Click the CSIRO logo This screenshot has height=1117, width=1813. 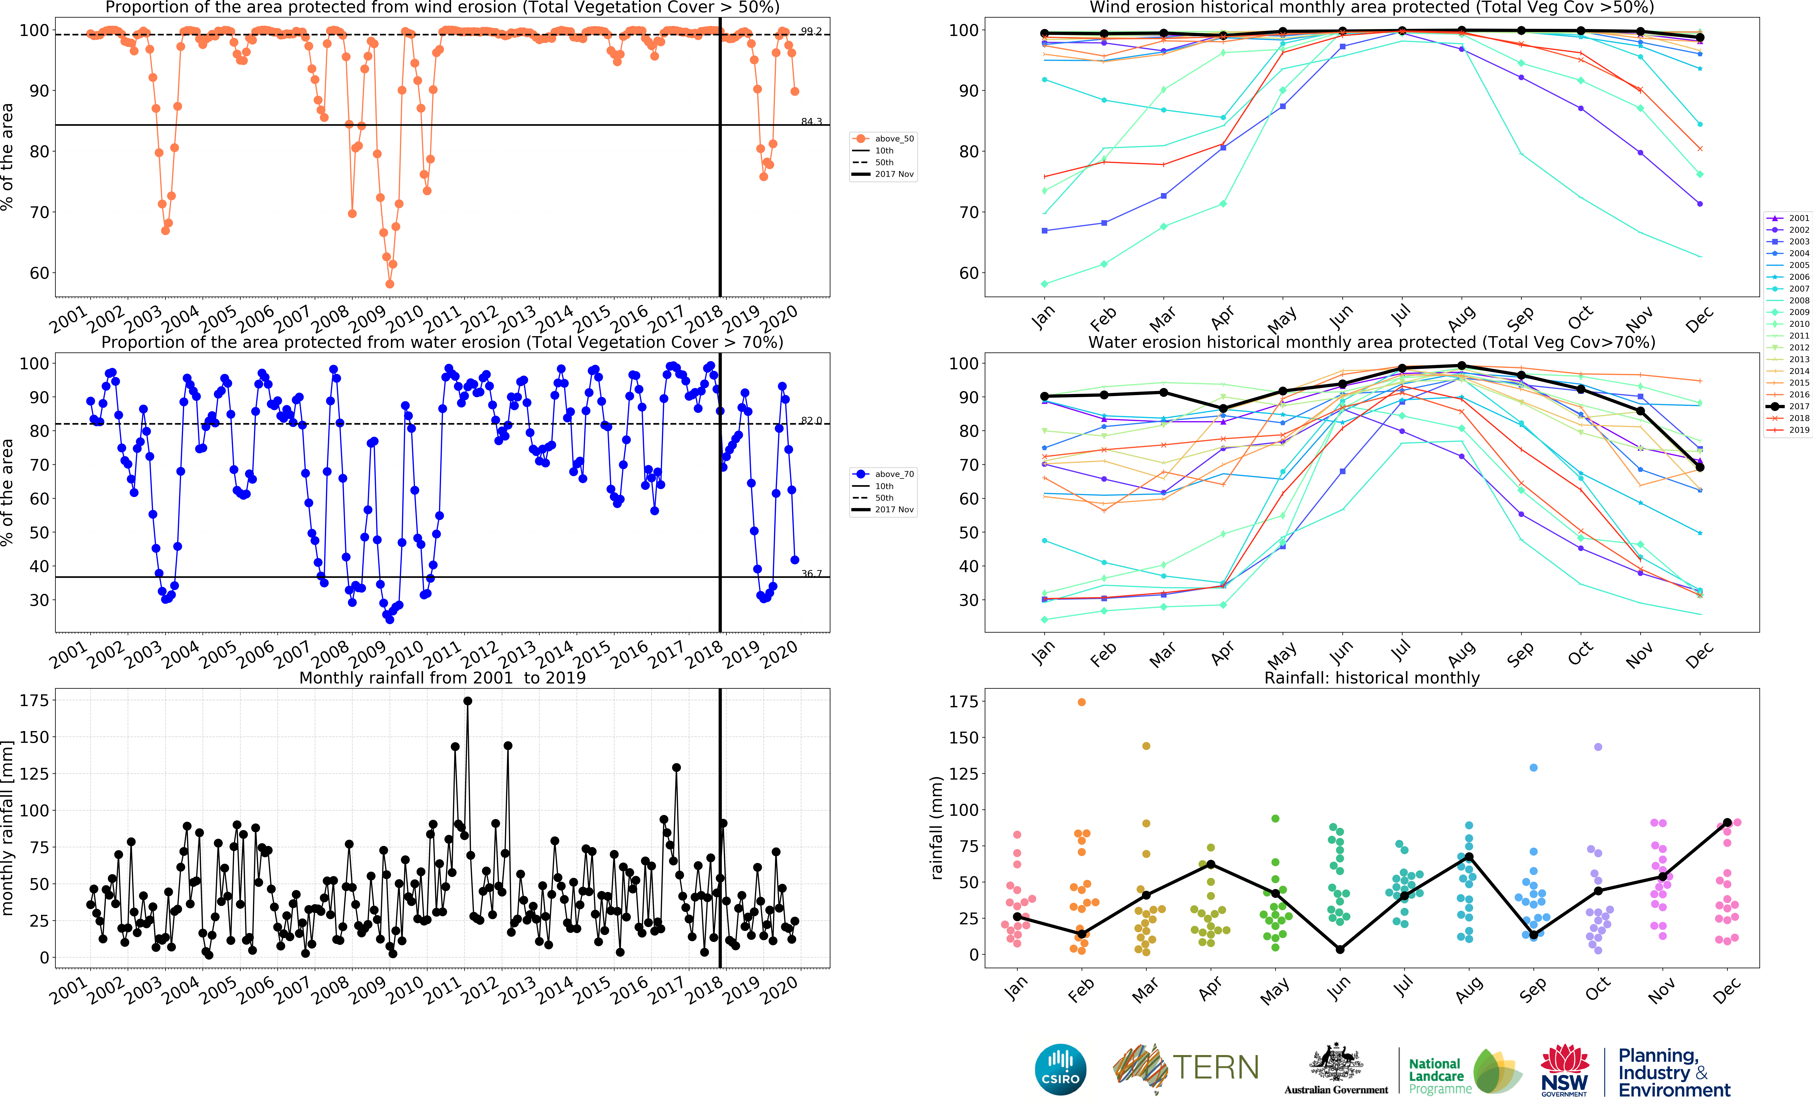1061,1069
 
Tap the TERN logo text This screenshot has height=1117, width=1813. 1216,1067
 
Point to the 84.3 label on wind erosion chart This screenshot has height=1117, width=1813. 811,121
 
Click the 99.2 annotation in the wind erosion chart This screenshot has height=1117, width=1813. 811,31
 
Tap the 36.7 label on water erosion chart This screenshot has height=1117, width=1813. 811,573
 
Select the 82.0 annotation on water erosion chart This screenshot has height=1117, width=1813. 811,420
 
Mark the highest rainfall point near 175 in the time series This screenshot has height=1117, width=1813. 468,701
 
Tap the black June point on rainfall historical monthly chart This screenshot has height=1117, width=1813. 1340,949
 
